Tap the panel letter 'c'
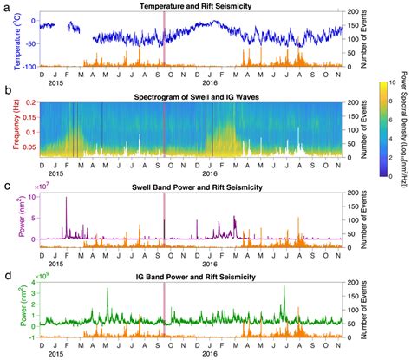click(x=7, y=186)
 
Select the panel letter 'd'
click(x=7, y=277)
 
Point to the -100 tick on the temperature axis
click(x=26, y=67)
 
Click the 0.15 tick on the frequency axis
click(x=27, y=118)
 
